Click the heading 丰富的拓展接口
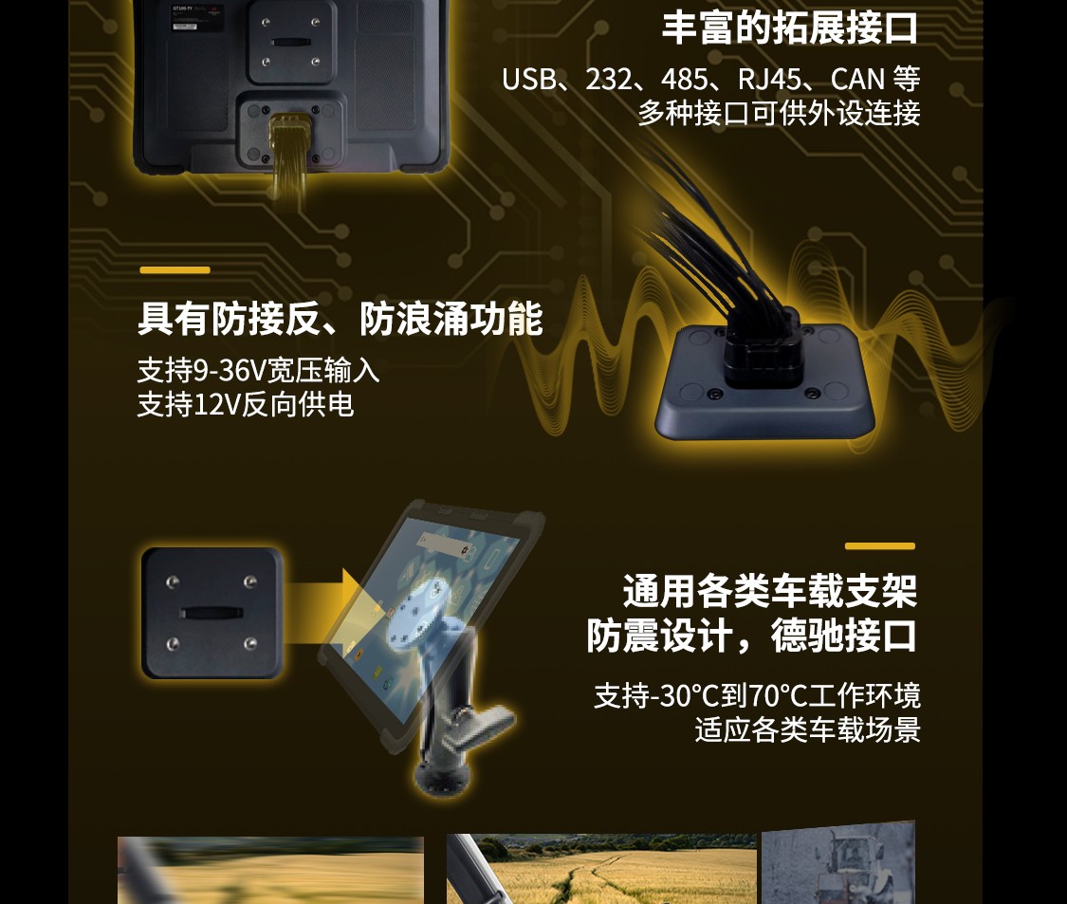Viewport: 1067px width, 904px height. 790,28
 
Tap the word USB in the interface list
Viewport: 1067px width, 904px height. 528,80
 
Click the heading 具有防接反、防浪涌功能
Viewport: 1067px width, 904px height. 340,319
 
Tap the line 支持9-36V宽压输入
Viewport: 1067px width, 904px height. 259,370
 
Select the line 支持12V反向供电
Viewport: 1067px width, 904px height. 246,404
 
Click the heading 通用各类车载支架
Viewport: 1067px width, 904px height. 770,591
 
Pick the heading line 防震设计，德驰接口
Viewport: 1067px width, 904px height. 752,636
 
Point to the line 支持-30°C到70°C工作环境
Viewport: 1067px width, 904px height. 758,695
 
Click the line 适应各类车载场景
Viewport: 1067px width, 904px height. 808,729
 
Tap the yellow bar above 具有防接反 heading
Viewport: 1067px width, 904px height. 175,270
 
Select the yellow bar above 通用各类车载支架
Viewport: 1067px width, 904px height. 880,546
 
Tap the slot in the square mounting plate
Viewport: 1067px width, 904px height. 211,614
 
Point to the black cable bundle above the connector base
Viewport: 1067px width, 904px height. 714,238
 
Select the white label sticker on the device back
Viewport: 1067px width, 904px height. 185,27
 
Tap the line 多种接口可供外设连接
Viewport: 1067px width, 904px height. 780,114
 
